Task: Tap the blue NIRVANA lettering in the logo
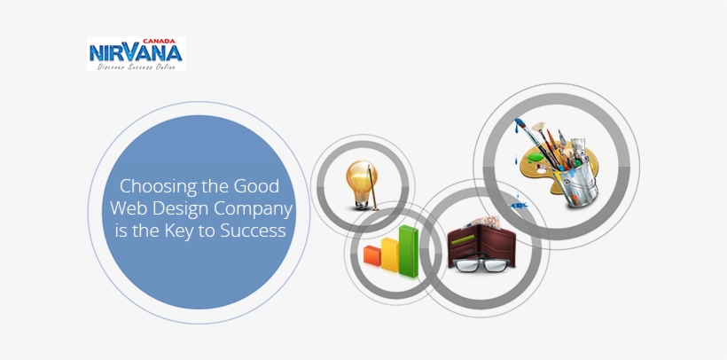(136, 54)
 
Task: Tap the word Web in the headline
(129, 210)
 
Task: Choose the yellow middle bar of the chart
(390, 252)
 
